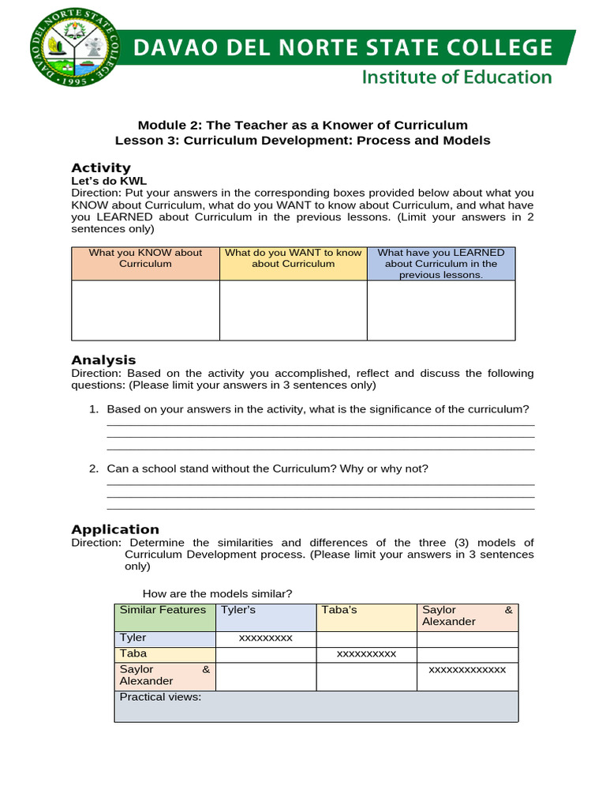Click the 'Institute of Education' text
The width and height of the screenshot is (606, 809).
tap(456, 77)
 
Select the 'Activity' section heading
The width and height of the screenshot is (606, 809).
tap(100, 167)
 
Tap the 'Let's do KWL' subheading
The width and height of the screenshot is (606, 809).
tap(109, 181)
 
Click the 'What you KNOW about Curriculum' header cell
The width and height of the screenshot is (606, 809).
tap(145, 263)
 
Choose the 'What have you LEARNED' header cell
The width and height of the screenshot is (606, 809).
tap(441, 263)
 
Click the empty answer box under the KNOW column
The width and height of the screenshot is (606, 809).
tap(145, 310)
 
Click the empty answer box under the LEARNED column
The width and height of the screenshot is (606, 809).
tap(441, 310)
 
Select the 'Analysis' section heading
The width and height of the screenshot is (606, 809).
tap(103, 359)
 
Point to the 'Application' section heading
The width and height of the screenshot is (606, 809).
tap(115, 529)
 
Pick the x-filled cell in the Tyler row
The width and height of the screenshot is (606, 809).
tap(265, 638)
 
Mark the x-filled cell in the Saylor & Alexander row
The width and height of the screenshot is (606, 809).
tap(467, 670)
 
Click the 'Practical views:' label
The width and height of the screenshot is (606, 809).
tap(160, 697)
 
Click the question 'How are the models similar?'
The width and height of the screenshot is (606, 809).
tap(217, 593)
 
